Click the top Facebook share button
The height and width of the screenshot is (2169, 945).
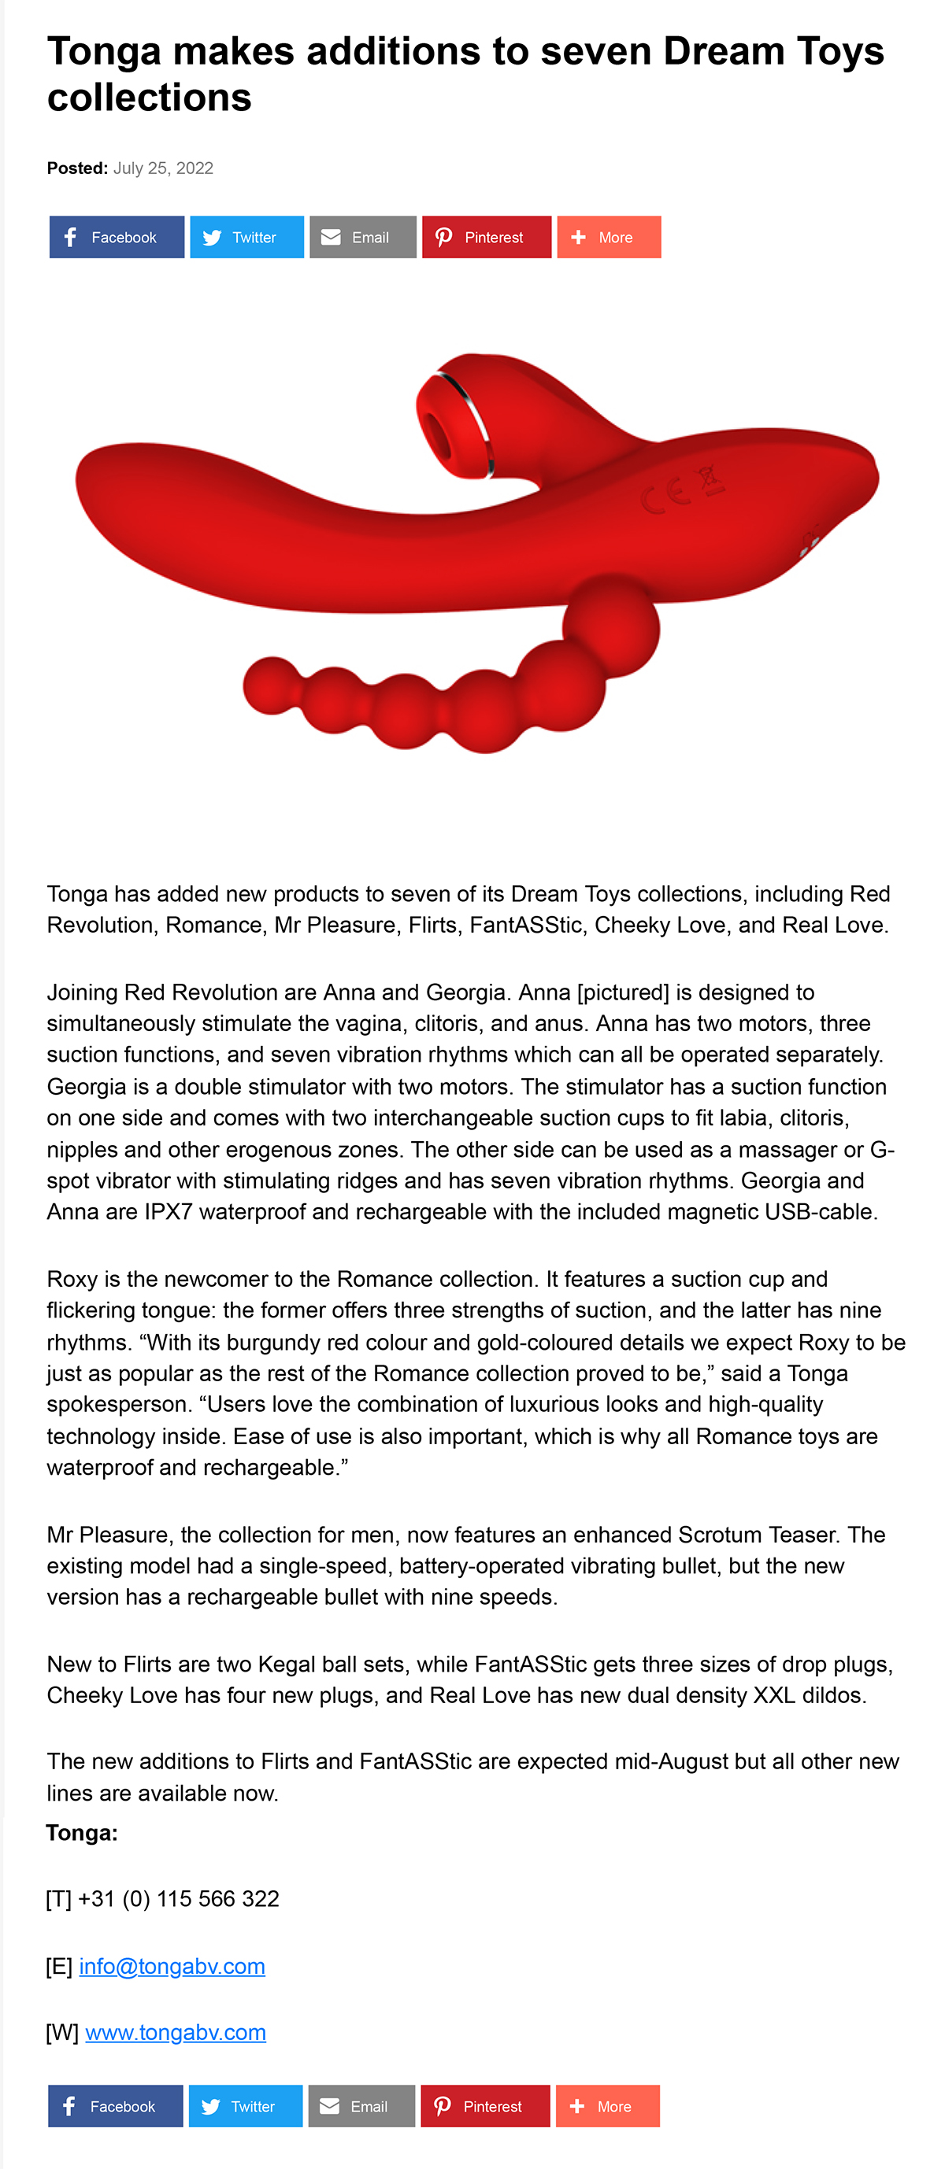point(117,238)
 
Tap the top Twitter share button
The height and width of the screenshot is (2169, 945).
point(246,238)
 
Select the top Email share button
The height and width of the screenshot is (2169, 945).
point(362,238)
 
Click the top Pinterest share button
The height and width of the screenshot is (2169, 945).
point(486,238)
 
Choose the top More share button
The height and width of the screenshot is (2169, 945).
point(608,238)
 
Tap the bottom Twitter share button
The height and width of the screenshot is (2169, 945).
point(245,2106)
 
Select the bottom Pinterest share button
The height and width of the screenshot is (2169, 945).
point(484,2106)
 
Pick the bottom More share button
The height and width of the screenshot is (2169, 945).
point(606,2106)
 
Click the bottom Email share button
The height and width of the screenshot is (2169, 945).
point(361,2106)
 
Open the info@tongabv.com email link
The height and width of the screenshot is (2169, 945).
point(172,1966)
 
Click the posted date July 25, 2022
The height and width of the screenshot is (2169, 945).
point(162,168)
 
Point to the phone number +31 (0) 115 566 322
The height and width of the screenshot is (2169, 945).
point(178,1899)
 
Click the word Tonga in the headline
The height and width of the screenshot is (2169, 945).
point(104,52)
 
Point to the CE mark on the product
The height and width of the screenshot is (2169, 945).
point(665,497)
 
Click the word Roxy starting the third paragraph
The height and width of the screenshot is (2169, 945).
point(72,1279)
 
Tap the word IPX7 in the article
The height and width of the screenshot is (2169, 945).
point(169,1212)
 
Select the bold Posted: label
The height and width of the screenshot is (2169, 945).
point(76,168)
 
